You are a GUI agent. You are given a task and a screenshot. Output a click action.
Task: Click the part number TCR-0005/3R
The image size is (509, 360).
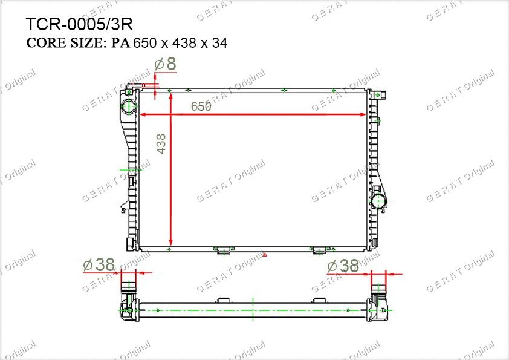(79, 24)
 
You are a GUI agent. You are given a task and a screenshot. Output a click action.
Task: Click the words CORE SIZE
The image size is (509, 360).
(64, 42)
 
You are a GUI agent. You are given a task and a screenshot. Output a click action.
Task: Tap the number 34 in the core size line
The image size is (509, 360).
(220, 43)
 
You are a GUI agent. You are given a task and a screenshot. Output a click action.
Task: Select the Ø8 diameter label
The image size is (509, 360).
(166, 64)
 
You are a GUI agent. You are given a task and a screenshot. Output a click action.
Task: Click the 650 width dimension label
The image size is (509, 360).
(201, 106)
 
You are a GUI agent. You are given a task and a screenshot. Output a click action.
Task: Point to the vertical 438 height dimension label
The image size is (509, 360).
(161, 144)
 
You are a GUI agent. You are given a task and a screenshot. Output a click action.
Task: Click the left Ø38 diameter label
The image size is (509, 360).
(99, 265)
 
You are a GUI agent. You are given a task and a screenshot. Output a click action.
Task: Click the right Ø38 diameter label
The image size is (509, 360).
(343, 266)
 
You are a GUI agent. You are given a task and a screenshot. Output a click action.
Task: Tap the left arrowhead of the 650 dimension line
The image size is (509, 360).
(142, 114)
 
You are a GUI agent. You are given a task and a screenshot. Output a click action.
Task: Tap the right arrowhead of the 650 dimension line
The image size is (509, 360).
(363, 114)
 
